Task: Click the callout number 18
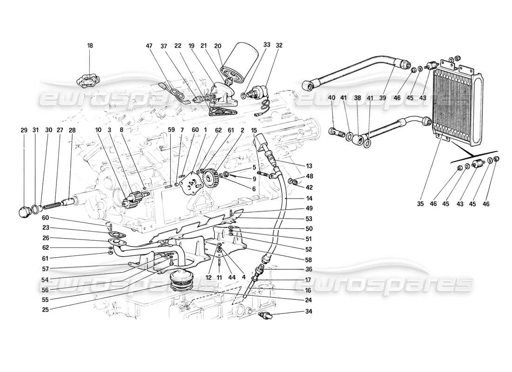pos(90,46)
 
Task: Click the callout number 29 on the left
pos(24,131)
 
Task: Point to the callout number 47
pos(149,46)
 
